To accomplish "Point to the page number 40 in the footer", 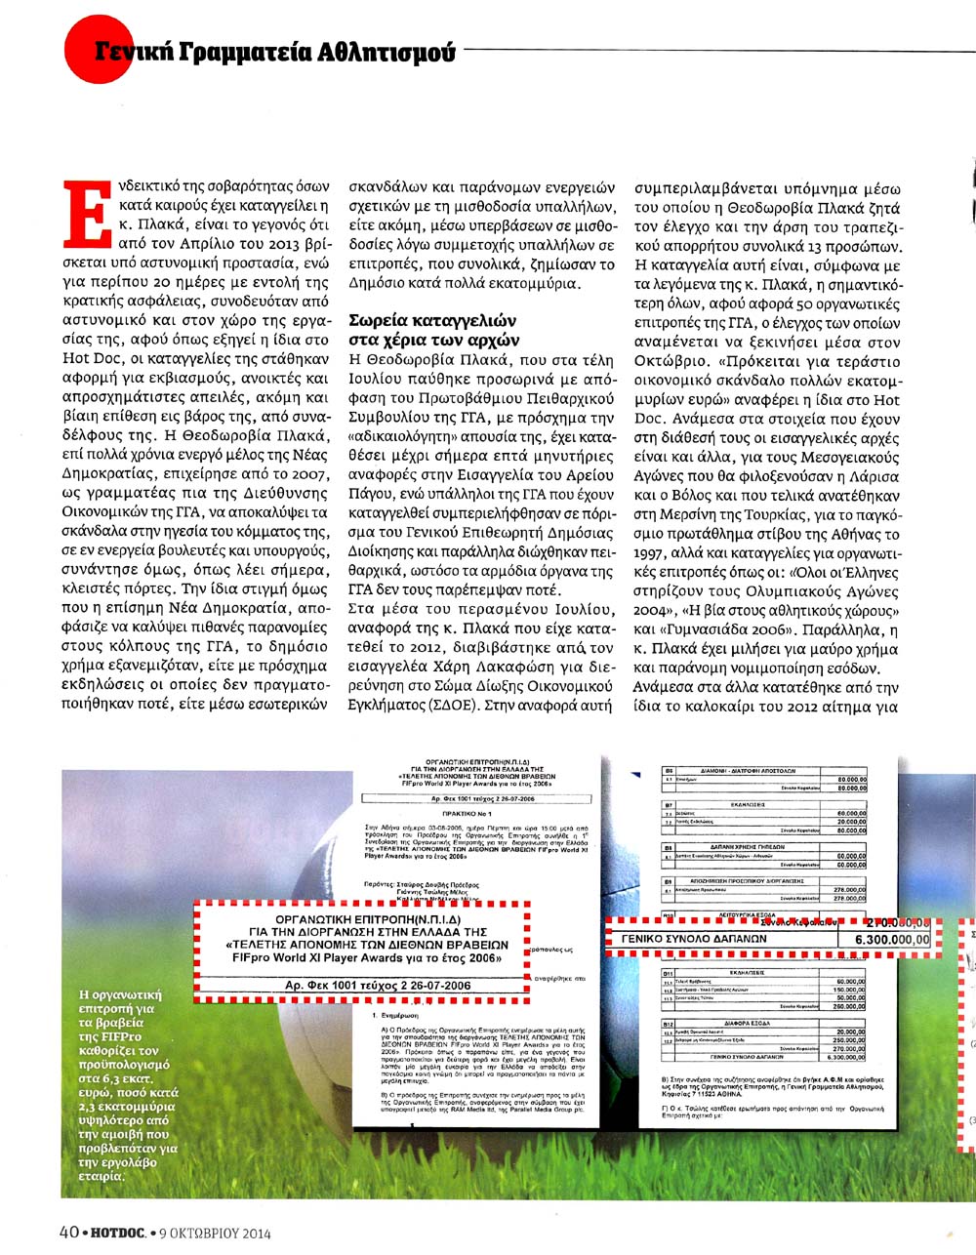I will (x=68, y=1232).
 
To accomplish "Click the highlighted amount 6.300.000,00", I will (x=891, y=939).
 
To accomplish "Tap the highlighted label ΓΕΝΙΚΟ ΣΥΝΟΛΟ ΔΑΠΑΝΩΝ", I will (x=696, y=939).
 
